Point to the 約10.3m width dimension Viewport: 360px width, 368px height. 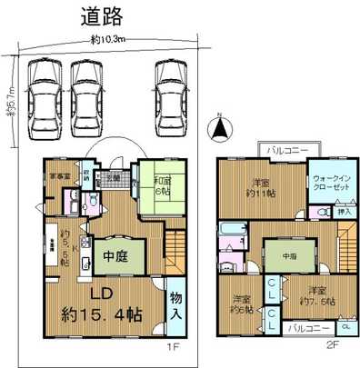(x=108, y=39)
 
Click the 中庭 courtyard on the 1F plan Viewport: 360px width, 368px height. (x=114, y=255)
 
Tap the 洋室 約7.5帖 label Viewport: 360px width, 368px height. (x=311, y=297)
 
